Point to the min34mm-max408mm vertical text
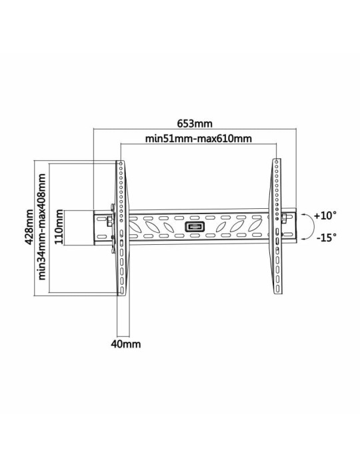tap(43, 227)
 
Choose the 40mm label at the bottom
tap(125, 344)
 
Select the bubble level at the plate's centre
tap(195, 227)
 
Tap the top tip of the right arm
tap(275, 161)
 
